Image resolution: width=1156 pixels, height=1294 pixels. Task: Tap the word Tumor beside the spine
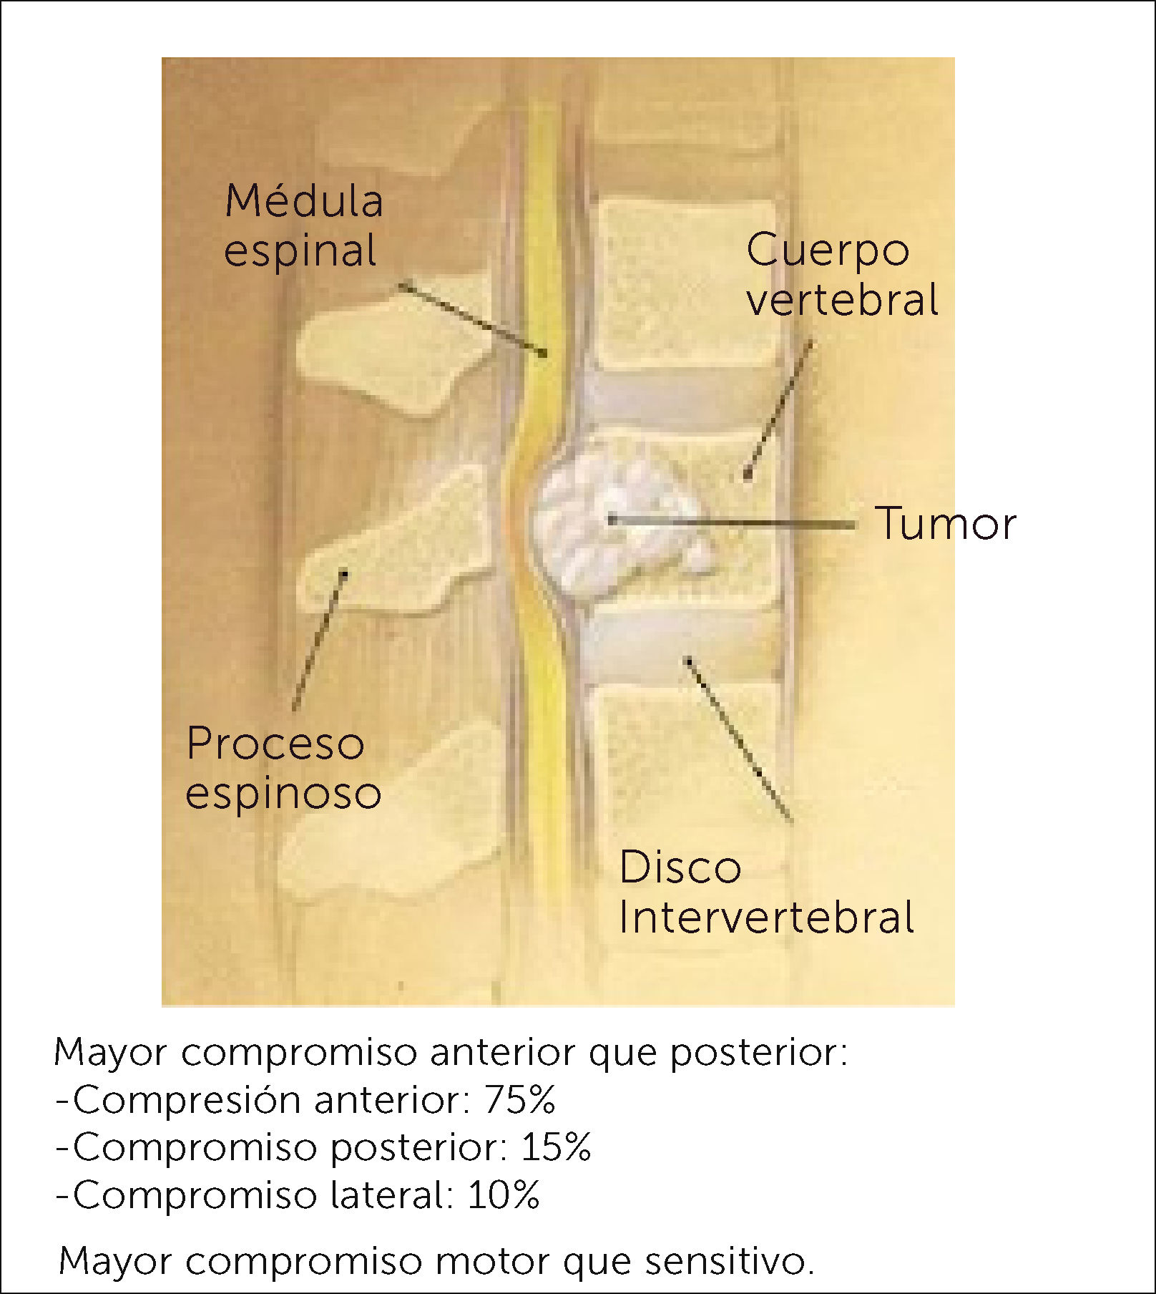tap(945, 523)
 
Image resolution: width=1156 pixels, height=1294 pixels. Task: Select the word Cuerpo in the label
tap(828, 250)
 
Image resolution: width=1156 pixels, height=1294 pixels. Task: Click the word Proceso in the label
tap(275, 744)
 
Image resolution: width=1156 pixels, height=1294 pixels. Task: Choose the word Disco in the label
tap(680, 867)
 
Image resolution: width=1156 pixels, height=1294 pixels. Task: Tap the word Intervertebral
tap(766, 917)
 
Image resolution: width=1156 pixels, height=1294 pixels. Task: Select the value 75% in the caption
tap(519, 1099)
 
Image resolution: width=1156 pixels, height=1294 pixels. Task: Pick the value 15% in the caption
tap(556, 1147)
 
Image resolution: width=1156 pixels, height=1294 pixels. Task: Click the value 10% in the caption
tap(504, 1195)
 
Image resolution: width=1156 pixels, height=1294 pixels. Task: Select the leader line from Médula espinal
tap(472, 319)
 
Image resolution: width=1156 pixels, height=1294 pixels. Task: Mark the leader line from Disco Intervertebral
tap(740, 741)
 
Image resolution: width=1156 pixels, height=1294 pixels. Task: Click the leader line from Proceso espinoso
tap(319, 641)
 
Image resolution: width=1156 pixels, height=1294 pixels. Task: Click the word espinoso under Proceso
tap(283, 793)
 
